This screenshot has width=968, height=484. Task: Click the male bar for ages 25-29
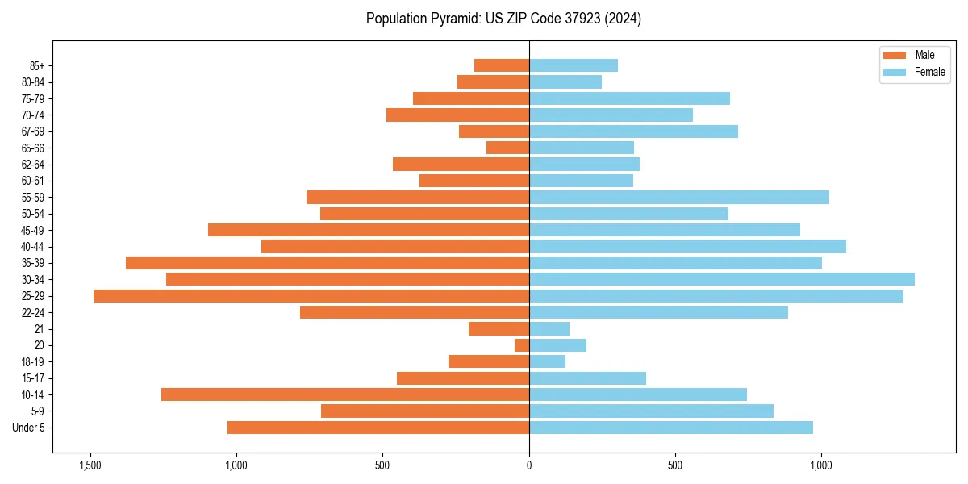click(311, 296)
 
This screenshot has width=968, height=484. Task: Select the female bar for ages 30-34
click(722, 279)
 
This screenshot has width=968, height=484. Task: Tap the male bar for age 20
click(522, 345)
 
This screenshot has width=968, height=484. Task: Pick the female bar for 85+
click(574, 65)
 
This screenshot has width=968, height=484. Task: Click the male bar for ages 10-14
click(345, 394)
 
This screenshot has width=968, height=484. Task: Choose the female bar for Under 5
click(671, 428)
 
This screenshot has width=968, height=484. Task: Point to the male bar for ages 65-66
click(507, 148)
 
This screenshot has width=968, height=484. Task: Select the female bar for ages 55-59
click(679, 197)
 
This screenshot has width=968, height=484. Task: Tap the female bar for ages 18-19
click(547, 361)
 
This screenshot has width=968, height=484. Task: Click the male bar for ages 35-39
click(328, 263)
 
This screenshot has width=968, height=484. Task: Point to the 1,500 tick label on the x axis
click(90, 465)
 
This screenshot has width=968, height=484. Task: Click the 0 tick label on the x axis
click(529, 465)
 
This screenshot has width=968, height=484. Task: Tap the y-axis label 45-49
click(33, 230)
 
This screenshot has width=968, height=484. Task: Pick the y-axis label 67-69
click(33, 131)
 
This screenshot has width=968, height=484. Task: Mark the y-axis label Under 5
click(29, 428)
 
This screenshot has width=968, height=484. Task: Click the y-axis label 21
click(40, 329)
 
